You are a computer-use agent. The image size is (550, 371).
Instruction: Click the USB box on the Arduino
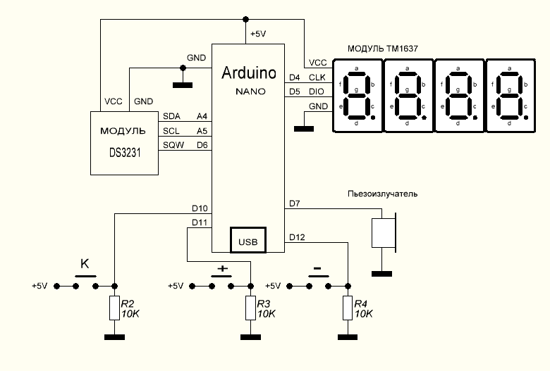pyautogui.click(x=248, y=241)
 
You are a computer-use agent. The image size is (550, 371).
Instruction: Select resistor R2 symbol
pyautogui.click(x=114, y=308)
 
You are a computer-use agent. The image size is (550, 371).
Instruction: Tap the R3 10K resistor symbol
pyautogui.click(x=251, y=308)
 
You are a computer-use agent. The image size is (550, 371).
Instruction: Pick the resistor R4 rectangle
pyautogui.click(x=348, y=308)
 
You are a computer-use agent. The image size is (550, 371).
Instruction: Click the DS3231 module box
pyautogui.click(x=125, y=143)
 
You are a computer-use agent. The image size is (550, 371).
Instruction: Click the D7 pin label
pyautogui.click(x=295, y=204)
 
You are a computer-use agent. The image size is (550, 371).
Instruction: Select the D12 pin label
pyautogui.click(x=297, y=237)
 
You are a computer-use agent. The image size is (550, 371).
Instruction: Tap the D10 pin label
pyautogui.click(x=200, y=208)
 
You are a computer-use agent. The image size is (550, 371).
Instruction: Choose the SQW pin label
pyautogui.click(x=172, y=145)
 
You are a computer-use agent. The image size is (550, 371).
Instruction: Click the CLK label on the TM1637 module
pyautogui.click(x=317, y=77)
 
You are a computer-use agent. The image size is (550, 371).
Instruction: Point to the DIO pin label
pyautogui.click(x=317, y=92)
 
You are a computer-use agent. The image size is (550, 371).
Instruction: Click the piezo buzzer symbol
pyautogui.click(x=384, y=232)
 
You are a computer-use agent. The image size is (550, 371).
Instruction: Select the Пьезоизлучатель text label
pyautogui.click(x=383, y=193)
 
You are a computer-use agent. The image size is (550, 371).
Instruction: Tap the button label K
pyautogui.click(x=85, y=265)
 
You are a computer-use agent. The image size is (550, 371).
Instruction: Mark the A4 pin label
pyautogui.click(x=202, y=116)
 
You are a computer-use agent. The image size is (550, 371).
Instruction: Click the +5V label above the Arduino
pyautogui.click(x=258, y=34)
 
